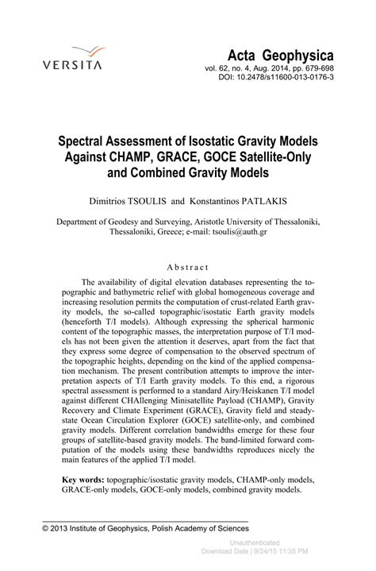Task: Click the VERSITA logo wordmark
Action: pos(72,65)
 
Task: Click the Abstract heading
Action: pos(188,268)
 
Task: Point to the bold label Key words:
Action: pos(86,480)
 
